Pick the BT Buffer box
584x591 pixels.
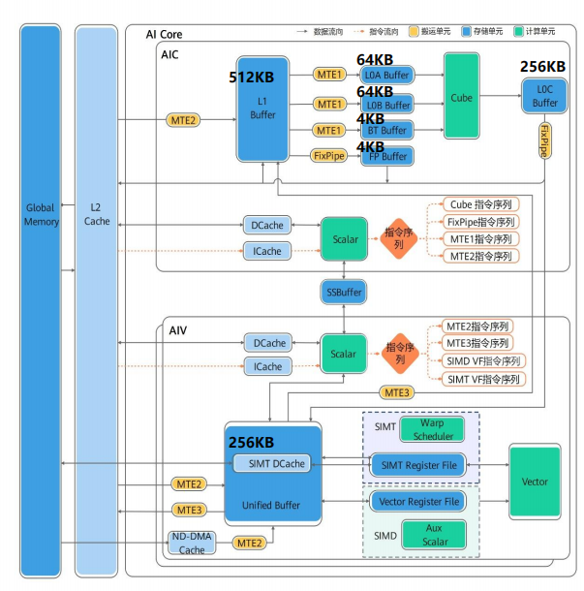[386, 129]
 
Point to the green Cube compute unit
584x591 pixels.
[462, 97]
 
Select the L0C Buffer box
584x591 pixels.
[545, 97]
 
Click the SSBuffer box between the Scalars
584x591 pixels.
[344, 291]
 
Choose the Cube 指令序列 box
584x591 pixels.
[480, 204]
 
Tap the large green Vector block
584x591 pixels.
[535, 482]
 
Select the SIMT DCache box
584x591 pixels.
[276, 463]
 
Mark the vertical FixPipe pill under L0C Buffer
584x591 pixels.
[545, 140]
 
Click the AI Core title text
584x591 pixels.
[165, 35]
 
